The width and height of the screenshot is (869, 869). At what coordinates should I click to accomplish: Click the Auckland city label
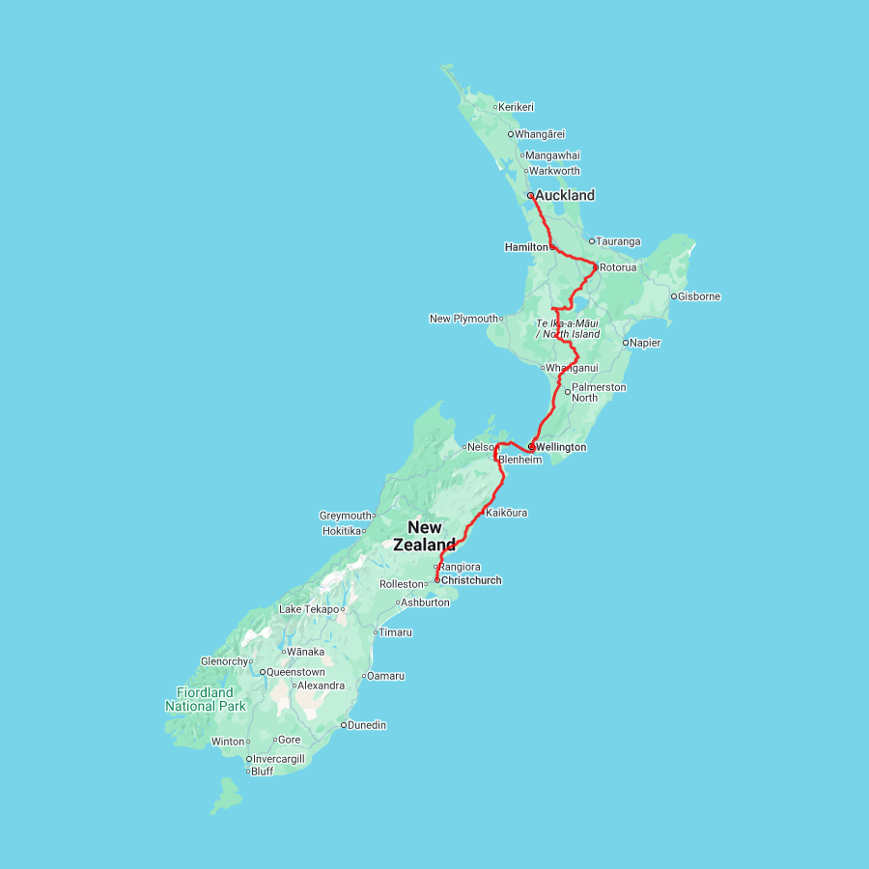click(565, 195)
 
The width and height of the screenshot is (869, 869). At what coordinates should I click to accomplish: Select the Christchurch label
click(471, 580)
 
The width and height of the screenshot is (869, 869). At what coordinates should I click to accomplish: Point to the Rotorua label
click(618, 267)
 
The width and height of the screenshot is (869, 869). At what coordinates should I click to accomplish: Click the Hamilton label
click(525, 247)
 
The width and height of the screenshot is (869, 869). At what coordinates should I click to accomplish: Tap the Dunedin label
click(367, 725)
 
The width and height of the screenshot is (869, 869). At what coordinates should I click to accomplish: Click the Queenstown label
click(295, 671)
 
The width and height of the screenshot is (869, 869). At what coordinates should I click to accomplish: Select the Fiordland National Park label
click(205, 699)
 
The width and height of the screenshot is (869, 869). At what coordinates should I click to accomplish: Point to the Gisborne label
click(699, 296)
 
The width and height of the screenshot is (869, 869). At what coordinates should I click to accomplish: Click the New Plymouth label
click(463, 319)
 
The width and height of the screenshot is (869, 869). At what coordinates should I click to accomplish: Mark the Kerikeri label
click(517, 107)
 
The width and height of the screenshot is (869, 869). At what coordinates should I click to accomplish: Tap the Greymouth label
click(346, 516)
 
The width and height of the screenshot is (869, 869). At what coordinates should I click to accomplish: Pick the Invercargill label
click(279, 759)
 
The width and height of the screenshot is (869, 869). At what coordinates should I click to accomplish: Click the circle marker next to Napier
click(626, 342)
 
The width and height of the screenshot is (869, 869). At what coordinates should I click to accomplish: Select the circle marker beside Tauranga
click(592, 241)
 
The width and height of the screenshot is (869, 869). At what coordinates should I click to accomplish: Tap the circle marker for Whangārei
click(511, 134)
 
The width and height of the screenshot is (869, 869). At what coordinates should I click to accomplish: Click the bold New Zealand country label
click(424, 536)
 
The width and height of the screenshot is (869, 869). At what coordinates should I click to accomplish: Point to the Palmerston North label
click(599, 392)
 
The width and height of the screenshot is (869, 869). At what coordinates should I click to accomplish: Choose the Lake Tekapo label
click(309, 609)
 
